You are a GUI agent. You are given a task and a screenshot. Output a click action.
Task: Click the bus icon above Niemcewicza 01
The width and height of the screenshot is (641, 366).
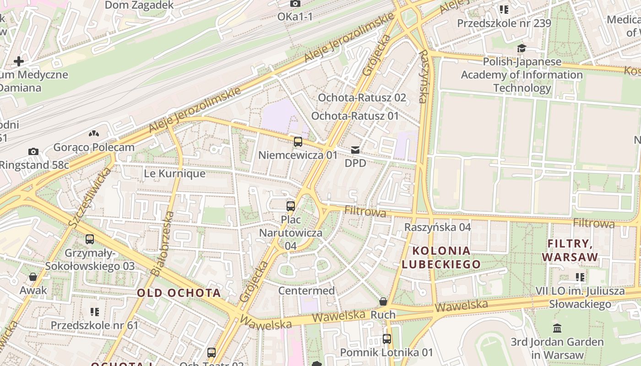[x=298, y=142]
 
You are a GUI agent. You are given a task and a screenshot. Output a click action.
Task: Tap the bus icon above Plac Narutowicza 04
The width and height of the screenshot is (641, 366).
[x=291, y=206]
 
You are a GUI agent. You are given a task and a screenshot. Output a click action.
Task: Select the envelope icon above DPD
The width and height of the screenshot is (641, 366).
[x=355, y=150]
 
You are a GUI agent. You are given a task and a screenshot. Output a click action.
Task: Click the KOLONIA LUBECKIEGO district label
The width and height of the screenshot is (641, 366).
[x=441, y=257]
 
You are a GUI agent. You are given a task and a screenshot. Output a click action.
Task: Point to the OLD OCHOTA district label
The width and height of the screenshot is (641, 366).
[x=179, y=293]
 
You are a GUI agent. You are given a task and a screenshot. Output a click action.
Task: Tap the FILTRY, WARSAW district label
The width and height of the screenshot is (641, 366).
[x=570, y=250]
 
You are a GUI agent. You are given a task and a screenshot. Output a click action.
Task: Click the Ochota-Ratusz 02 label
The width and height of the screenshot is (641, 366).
[x=362, y=97]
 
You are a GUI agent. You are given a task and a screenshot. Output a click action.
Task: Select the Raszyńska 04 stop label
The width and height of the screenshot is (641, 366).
[x=437, y=227]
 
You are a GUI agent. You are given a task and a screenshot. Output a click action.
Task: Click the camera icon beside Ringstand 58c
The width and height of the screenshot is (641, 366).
[x=33, y=151]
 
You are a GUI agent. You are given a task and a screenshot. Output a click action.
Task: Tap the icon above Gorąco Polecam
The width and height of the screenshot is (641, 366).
[x=94, y=134]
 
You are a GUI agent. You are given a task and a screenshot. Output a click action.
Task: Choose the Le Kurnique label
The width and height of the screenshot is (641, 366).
[x=174, y=174]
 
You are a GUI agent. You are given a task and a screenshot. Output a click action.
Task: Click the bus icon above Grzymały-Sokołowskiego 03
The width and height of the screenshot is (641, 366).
[x=90, y=239]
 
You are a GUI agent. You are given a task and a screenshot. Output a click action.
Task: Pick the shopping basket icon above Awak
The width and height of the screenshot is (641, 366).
[x=33, y=277]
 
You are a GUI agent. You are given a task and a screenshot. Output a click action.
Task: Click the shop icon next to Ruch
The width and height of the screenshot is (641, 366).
[x=383, y=301]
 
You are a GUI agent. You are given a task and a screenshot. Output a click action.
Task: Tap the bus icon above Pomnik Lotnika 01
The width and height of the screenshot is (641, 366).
[x=387, y=339]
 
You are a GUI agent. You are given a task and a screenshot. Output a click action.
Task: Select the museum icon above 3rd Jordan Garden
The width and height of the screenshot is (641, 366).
[x=557, y=328]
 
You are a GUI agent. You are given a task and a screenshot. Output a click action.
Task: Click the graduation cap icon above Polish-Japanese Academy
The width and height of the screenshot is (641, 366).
[x=521, y=48]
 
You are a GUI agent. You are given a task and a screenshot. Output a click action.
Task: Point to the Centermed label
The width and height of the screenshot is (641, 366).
[x=306, y=291]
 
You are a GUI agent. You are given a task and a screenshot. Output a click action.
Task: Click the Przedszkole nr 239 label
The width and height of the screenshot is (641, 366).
[x=504, y=23]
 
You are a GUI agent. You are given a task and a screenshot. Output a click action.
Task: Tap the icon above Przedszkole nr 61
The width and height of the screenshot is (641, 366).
[x=95, y=312]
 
